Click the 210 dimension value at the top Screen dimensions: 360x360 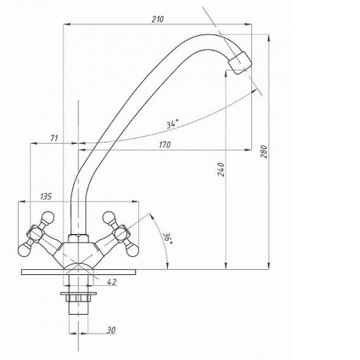pos(158,19)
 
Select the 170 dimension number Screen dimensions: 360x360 pos(165,145)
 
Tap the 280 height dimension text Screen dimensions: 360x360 pos(264,151)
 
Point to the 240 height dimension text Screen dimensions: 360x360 pos(221,169)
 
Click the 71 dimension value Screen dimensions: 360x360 pos(54,138)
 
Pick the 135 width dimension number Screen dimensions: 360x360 pos(46,197)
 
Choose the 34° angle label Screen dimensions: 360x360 pos(173,124)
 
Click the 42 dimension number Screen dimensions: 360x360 pos(112,282)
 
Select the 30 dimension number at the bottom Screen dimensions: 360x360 pos(111,330)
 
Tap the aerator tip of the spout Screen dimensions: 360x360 pos(240,63)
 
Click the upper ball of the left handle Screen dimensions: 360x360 pos(48,217)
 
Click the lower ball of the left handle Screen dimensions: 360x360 pos(24,250)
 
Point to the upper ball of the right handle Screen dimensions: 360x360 pos(109,217)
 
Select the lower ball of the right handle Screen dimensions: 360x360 pos(132,251)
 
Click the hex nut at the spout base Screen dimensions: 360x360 pos(78,238)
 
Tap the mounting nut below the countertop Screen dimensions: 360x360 pos(78,298)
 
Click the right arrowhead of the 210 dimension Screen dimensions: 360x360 pos(248,24)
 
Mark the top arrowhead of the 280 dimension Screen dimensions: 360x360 pos(269,38)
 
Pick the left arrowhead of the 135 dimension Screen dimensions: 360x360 pos(22,202)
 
